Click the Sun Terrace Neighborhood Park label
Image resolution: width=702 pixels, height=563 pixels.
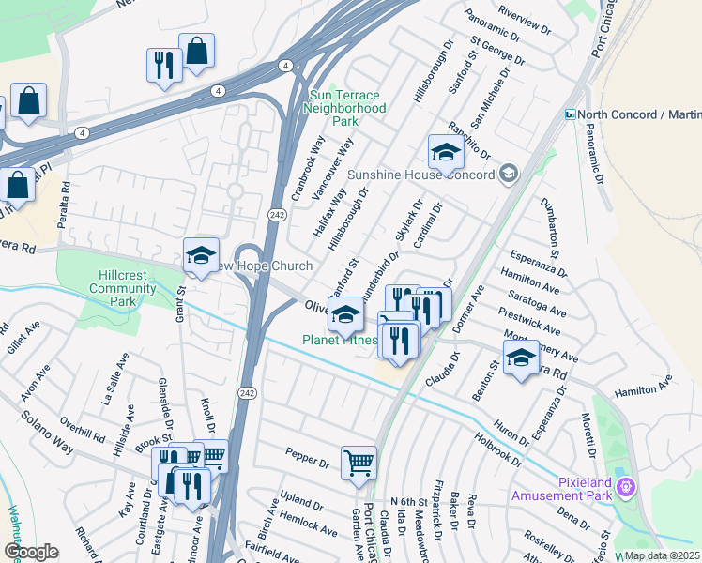[345, 109]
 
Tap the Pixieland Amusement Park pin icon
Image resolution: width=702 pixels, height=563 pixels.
[628, 488]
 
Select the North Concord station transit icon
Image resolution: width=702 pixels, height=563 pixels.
[569, 114]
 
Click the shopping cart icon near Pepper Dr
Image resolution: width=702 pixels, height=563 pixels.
[359, 463]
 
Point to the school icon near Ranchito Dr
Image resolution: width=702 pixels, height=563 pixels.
[446, 152]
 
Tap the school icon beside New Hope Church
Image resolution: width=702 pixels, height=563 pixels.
[201, 255]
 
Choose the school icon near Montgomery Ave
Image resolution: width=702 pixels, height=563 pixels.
[521, 358]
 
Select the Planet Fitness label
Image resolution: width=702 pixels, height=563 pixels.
[339, 340]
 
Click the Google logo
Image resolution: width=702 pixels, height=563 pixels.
[31, 552]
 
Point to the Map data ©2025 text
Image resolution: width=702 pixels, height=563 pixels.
[662, 555]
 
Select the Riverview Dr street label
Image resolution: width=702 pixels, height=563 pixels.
[526, 20]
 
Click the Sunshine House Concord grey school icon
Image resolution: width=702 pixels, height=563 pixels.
[509, 174]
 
